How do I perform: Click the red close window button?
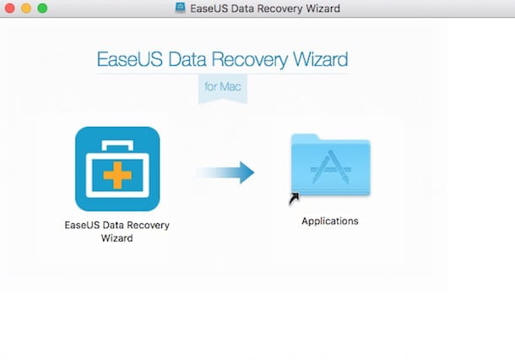tap(10, 8)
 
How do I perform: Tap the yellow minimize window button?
tap(26, 8)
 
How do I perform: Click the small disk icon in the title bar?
tap(181, 8)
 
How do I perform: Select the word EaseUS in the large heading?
tap(130, 59)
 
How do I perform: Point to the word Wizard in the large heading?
tap(320, 59)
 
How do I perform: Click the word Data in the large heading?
tap(187, 59)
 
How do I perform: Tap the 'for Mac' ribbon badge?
tap(223, 89)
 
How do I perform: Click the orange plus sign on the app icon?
tap(117, 175)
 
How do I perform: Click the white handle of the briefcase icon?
tap(117, 145)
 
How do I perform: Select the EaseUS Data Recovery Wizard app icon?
tap(117, 169)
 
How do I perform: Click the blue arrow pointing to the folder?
tap(225, 172)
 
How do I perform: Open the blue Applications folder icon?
tap(331, 165)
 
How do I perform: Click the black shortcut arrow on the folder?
tap(294, 199)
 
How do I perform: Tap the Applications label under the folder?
tap(330, 221)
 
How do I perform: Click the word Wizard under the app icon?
tap(117, 237)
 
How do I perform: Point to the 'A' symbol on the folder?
tap(331, 167)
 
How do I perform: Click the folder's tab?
tap(305, 138)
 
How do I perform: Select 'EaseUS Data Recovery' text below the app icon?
tap(117, 225)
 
